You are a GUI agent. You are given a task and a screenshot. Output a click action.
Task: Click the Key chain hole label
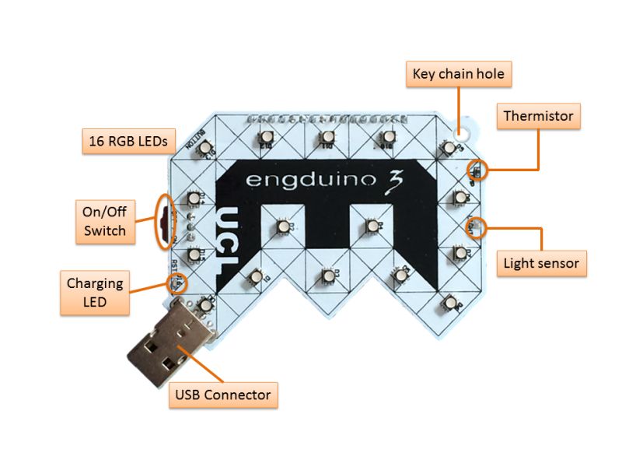(x=458, y=75)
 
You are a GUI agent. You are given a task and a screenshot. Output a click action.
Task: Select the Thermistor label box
(x=538, y=117)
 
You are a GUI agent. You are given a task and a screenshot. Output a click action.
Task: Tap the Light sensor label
(x=541, y=263)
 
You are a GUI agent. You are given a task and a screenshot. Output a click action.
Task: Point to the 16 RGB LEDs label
(x=129, y=141)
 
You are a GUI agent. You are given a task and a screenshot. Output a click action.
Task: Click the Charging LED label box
(x=95, y=293)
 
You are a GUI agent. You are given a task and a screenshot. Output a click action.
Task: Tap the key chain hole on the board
(x=468, y=125)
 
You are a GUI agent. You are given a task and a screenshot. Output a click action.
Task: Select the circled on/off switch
(x=165, y=222)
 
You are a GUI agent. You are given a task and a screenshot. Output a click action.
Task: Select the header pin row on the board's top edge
(x=327, y=119)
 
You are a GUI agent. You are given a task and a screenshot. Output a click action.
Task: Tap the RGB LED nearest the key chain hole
(x=449, y=148)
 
